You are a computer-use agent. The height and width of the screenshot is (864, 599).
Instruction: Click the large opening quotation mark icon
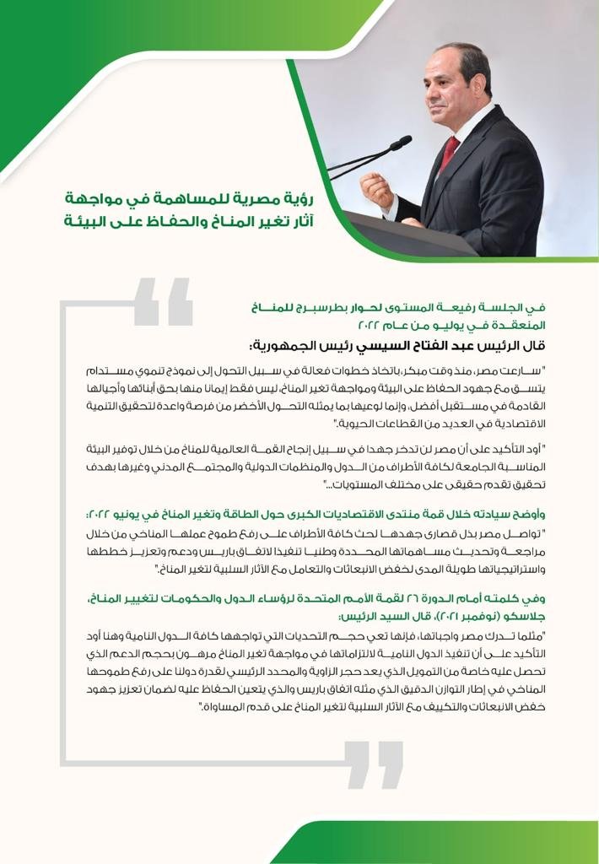point(163,302)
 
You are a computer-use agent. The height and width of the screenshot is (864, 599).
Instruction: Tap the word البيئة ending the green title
point(92,223)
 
